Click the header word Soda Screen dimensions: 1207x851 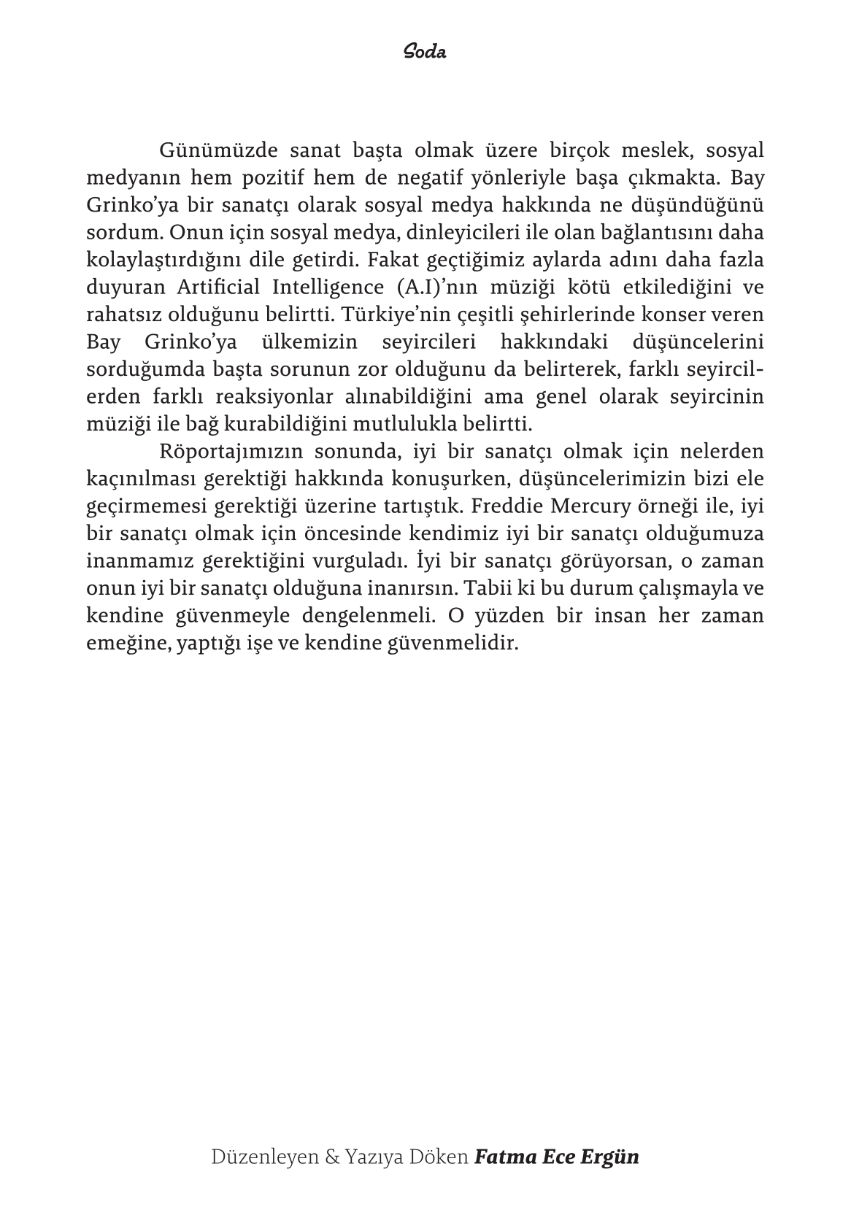click(424, 53)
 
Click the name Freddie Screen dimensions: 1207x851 click(512, 506)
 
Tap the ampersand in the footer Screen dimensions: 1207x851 click(331, 1157)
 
